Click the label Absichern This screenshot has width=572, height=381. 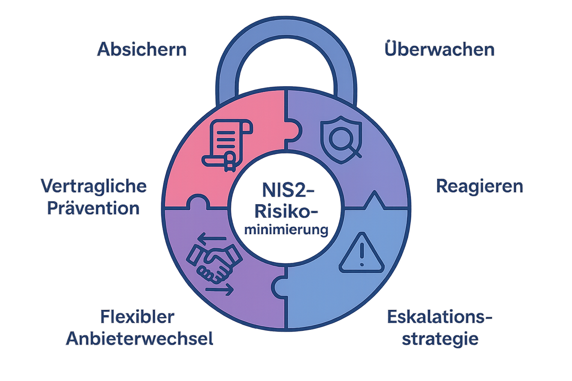[142, 49]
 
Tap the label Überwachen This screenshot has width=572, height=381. [439, 49]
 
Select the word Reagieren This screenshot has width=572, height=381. [479, 186]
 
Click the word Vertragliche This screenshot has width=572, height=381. [93, 186]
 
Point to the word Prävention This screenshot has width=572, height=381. [93, 208]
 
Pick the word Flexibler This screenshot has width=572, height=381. [137, 317]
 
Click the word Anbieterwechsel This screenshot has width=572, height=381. [139, 339]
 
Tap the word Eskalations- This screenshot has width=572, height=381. [439, 317]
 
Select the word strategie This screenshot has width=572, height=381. [440, 339]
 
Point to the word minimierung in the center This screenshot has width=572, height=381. [286, 230]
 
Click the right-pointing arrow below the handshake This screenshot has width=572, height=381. [220, 289]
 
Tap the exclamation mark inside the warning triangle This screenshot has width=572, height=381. [361, 255]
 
